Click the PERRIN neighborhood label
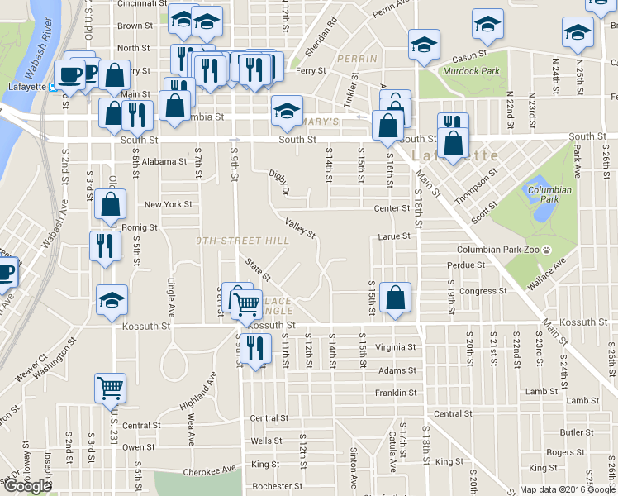[357, 59]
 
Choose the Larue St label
[394, 236]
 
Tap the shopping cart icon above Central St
[111, 387]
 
